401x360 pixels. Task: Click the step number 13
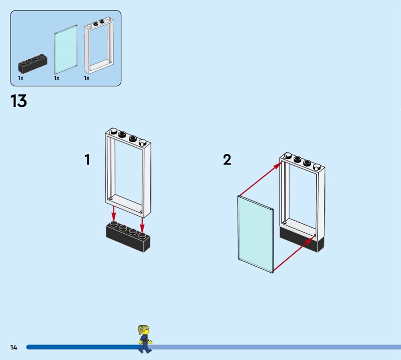(x=19, y=101)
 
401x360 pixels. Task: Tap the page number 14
(x=14, y=347)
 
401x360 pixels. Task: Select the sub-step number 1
(x=87, y=160)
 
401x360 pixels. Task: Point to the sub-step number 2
(x=227, y=160)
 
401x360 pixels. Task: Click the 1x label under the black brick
(x=21, y=78)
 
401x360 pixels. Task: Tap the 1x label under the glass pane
(x=57, y=78)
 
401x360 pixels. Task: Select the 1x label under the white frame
(x=87, y=78)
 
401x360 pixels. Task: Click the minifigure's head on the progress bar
(x=144, y=331)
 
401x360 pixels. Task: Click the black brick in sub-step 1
(x=128, y=237)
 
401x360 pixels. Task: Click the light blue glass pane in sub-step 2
(x=255, y=233)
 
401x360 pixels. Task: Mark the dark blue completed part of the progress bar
(x=80, y=347)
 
